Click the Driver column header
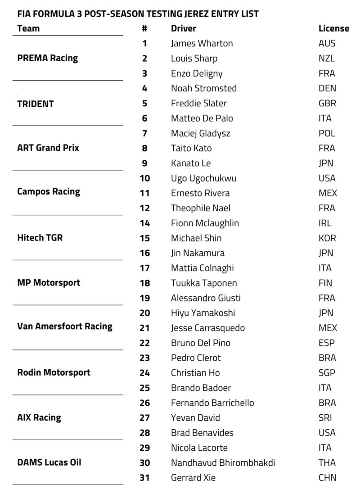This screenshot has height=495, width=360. coord(183,28)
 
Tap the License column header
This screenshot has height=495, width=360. coord(333,28)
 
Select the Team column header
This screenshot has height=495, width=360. coord(28,28)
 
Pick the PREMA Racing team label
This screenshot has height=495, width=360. coord(47,58)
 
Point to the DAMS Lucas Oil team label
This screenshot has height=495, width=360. coord(49,462)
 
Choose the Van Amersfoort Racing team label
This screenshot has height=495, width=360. coord(65,326)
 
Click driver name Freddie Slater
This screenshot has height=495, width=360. coord(199,103)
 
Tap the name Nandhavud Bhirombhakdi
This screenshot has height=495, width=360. coord(223,463)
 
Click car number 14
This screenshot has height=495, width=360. coord(144,223)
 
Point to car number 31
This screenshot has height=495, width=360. coord(144,477)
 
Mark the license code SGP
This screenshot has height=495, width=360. coord(327,372)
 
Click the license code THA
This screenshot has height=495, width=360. coord(327,463)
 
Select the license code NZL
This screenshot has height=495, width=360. coord(326,58)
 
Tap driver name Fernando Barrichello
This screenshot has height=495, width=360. coord(212,403)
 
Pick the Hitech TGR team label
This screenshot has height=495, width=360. coord(40,238)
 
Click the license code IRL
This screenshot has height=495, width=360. coord(324,223)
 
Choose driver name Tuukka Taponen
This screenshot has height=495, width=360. coord(204,283)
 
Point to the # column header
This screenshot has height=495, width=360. coord(144,28)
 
